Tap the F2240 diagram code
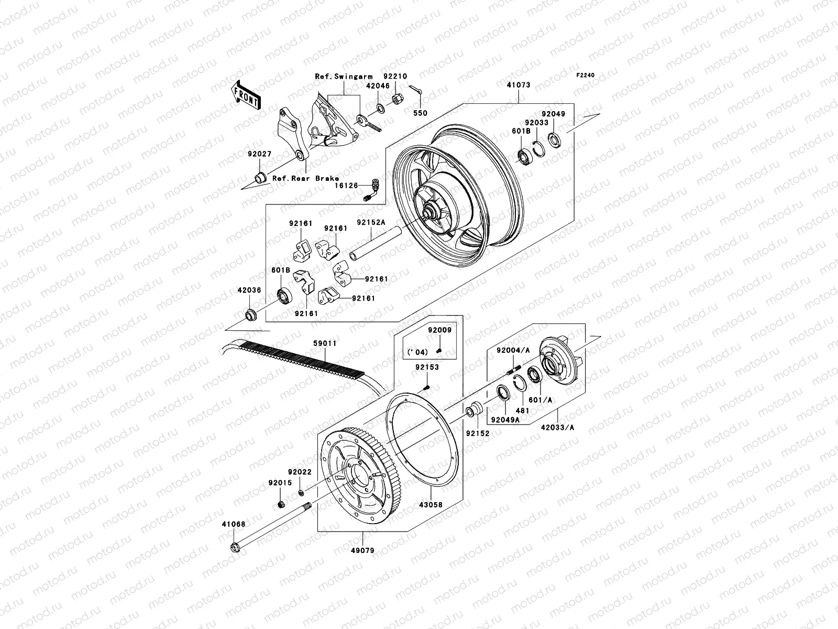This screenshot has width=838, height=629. click(586, 75)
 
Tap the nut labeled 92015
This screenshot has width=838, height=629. click(280, 505)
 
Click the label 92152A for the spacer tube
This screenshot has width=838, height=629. click(371, 222)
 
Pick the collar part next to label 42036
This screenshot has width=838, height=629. click(250, 315)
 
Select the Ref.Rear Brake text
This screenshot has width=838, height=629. click(305, 179)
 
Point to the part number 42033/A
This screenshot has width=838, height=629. click(557, 427)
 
